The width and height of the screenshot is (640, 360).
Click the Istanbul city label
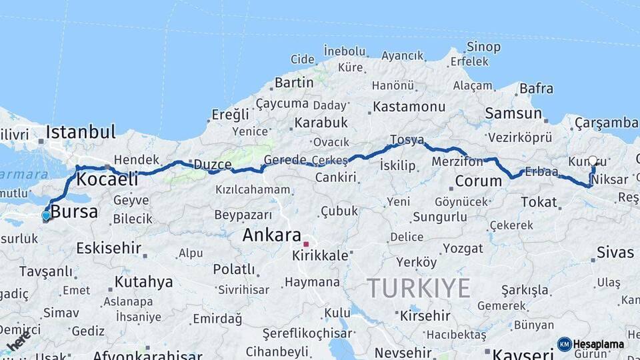pyautogui.click(x=81, y=131)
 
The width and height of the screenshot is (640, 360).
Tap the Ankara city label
pyautogui.click(x=271, y=235)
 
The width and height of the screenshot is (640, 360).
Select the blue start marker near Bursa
pyautogui.click(x=45, y=215)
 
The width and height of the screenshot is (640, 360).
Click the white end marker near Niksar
pyautogui.click(x=593, y=161)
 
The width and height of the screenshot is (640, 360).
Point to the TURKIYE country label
pyautogui.click(x=419, y=289)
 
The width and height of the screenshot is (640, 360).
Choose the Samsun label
pyautogui.click(x=513, y=113)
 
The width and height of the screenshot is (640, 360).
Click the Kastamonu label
pyautogui.click(x=409, y=107)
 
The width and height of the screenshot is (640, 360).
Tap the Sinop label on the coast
pyautogui.click(x=483, y=47)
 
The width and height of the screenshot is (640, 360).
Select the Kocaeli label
pyautogui.click(x=107, y=179)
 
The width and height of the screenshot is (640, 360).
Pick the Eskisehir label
pyautogui.click(x=108, y=248)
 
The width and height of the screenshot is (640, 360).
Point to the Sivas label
pyautogui.click(x=615, y=252)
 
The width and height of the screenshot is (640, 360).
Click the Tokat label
pyautogui.click(x=539, y=201)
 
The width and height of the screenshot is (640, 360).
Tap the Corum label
pyautogui.click(x=478, y=181)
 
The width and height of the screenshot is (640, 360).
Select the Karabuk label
pyautogui.click(x=321, y=123)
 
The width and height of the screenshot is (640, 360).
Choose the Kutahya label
pyautogui.click(x=143, y=281)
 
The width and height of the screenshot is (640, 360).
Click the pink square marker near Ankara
pyautogui.click(x=306, y=244)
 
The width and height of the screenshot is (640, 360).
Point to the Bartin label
pyautogui.click(x=294, y=83)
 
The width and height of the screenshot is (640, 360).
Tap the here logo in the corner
pyautogui.click(x=19, y=341)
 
